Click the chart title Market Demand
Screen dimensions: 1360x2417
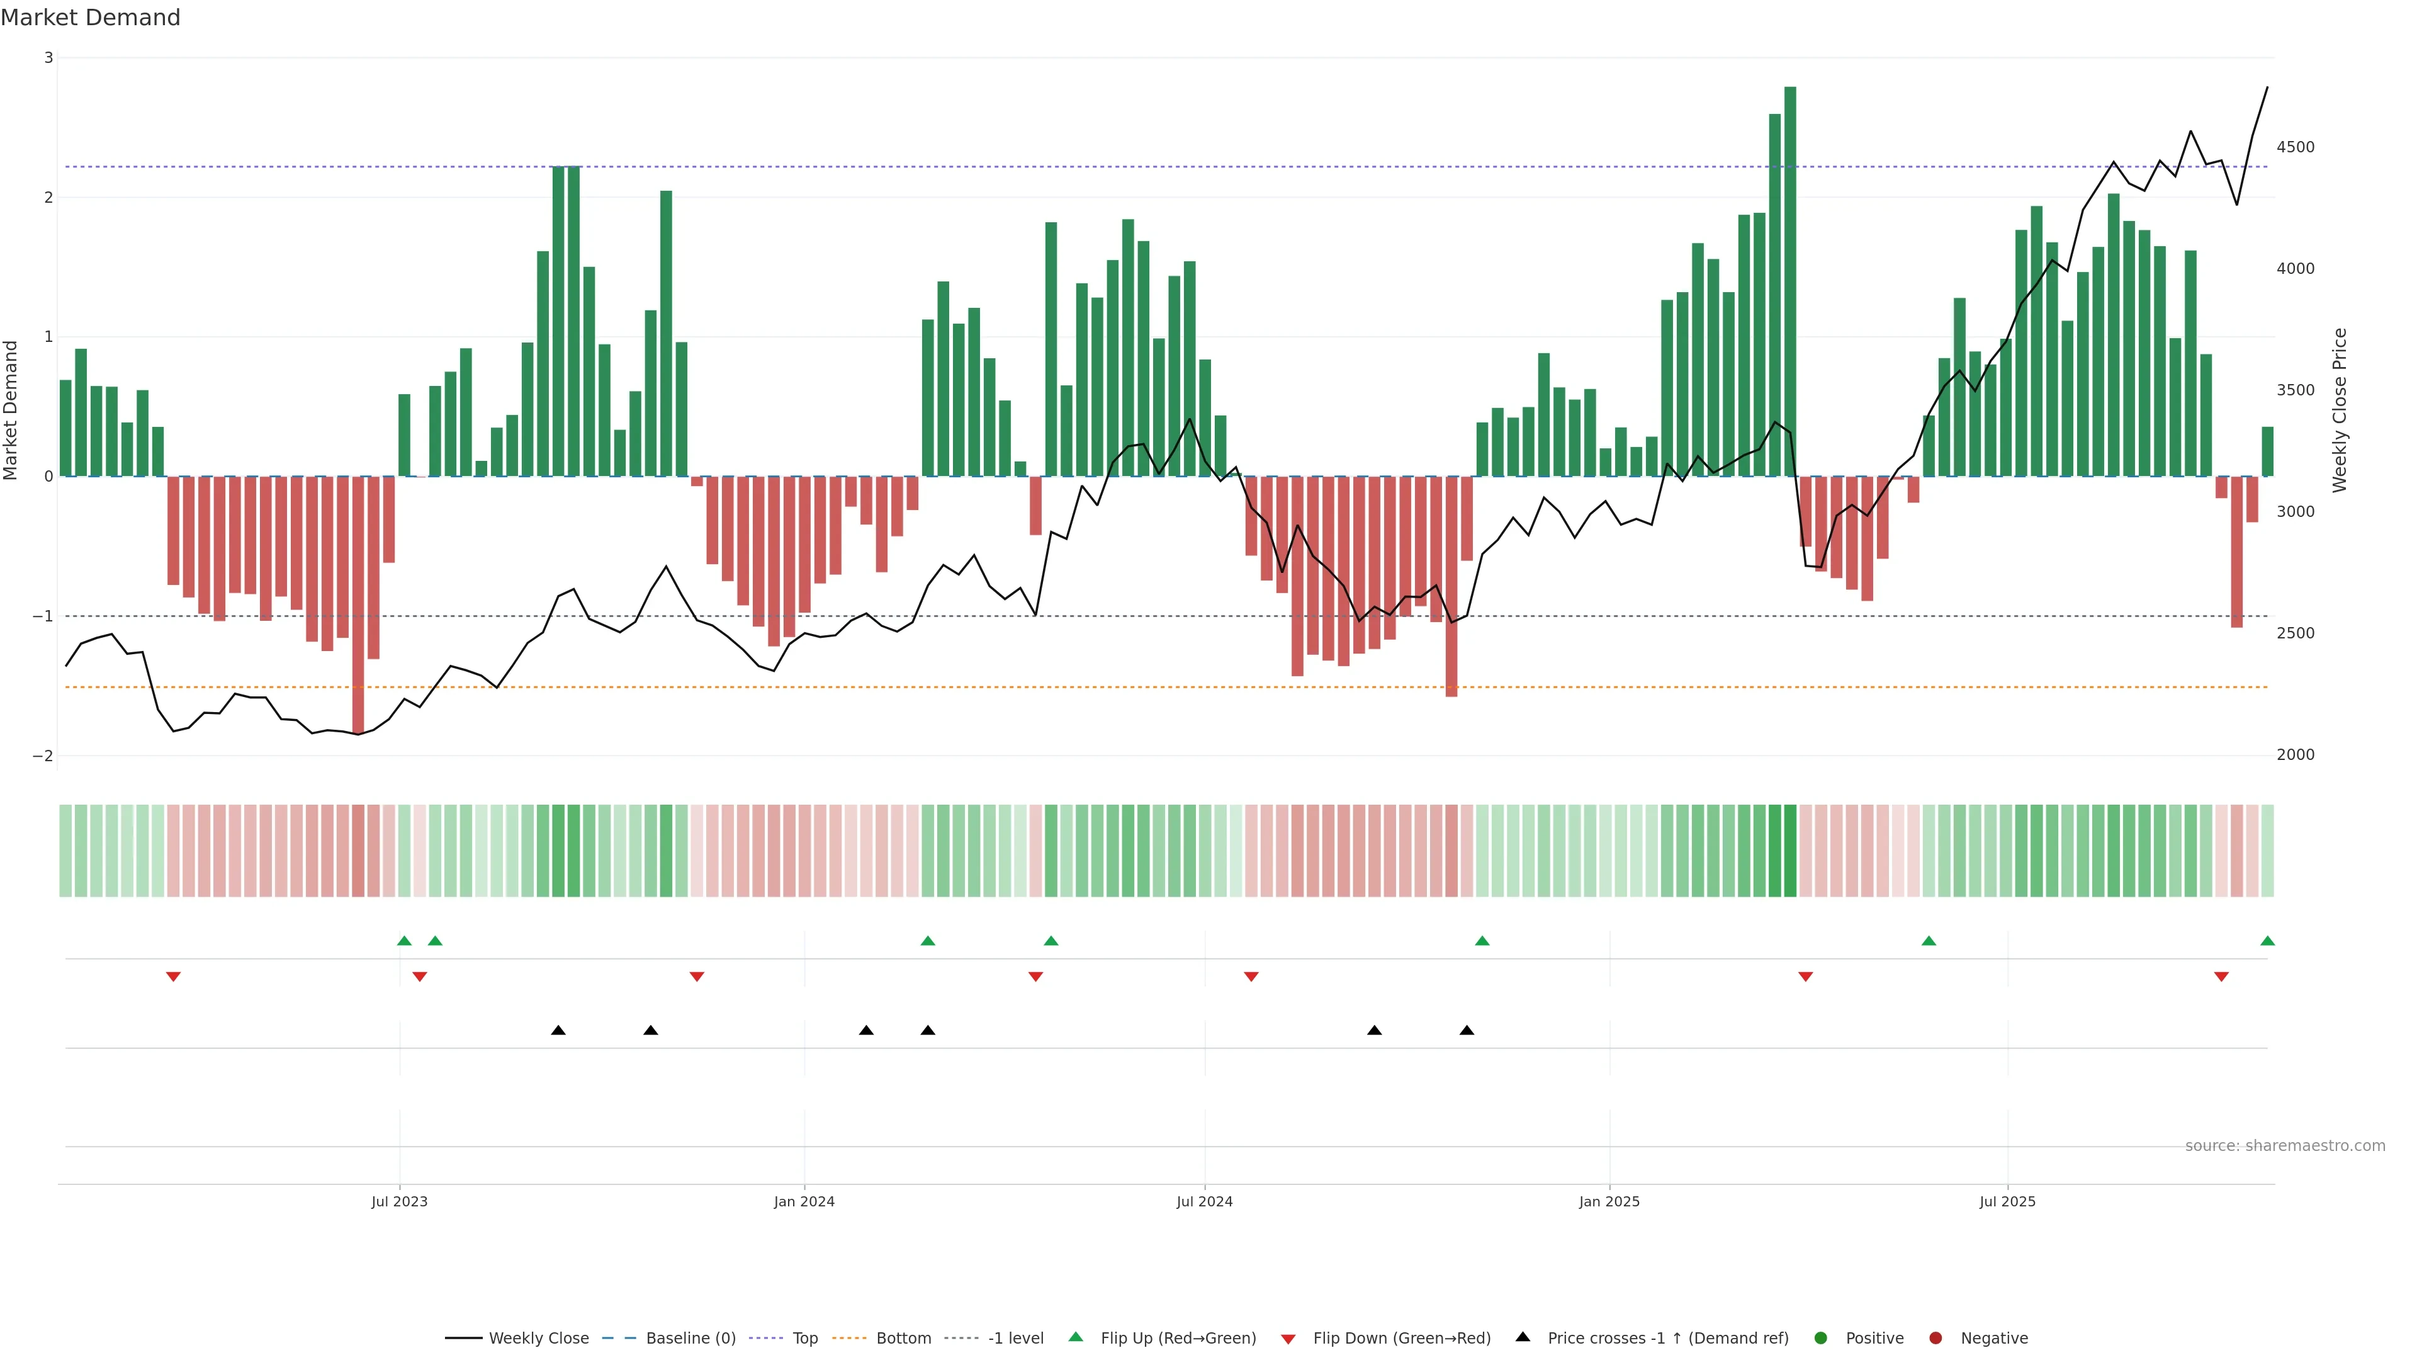tap(90, 18)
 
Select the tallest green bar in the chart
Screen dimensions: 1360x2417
tap(1789, 281)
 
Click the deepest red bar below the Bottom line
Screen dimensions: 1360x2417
tap(358, 605)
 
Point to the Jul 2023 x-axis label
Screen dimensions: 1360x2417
tap(399, 1201)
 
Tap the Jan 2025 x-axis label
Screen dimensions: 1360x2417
tap(1609, 1201)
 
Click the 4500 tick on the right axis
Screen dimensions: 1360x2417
tap(2295, 147)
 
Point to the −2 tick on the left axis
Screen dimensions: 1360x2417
tap(42, 756)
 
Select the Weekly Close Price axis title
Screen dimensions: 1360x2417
tap(2339, 410)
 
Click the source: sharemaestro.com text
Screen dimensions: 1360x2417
tap(2285, 1146)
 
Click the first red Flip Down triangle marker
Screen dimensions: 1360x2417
tap(172, 977)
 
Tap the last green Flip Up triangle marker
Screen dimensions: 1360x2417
tap(2267, 941)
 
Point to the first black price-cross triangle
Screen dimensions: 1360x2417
tap(558, 1031)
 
